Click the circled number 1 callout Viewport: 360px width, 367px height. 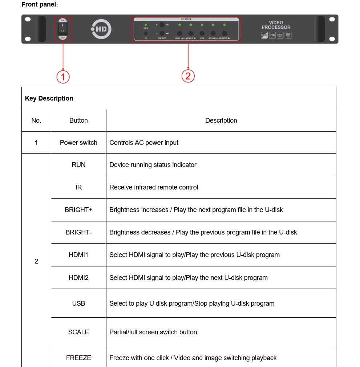[63, 77]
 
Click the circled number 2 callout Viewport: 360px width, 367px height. [188, 76]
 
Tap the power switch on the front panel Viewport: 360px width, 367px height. [63, 29]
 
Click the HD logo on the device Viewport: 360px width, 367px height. [101, 29]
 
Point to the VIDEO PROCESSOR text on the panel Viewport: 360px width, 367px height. [276, 25]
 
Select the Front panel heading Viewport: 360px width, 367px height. [39, 4]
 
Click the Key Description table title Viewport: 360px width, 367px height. [49, 98]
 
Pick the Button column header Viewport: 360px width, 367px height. [78, 121]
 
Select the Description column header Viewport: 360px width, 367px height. [221, 121]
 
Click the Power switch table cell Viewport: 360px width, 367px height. [78, 143]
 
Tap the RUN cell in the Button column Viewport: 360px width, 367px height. [78, 165]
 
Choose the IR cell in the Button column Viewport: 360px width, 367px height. [78, 187]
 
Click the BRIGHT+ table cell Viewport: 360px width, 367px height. [78, 210]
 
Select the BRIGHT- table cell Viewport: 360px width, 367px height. [78, 232]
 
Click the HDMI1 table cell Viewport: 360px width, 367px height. [78, 255]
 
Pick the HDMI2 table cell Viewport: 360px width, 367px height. [78, 278]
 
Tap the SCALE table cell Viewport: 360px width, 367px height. [78, 332]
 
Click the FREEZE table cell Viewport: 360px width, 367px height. [78, 358]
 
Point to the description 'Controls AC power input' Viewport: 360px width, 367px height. [144, 143]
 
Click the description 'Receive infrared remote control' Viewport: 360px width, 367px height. [154, 187]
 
